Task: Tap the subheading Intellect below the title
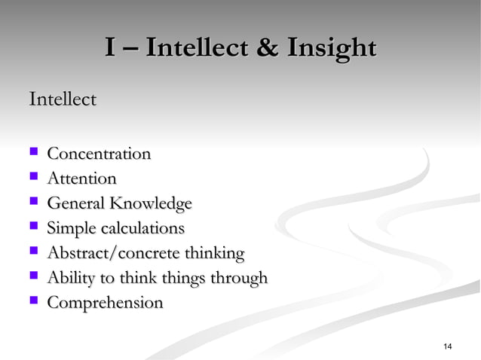[x=62, y=99]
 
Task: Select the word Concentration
[x=99, y=154]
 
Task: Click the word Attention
[x=81, y=179]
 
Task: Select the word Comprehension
[x=105, y=304]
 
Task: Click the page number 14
[x=448, y=346]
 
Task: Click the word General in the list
[x=75, y=204]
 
